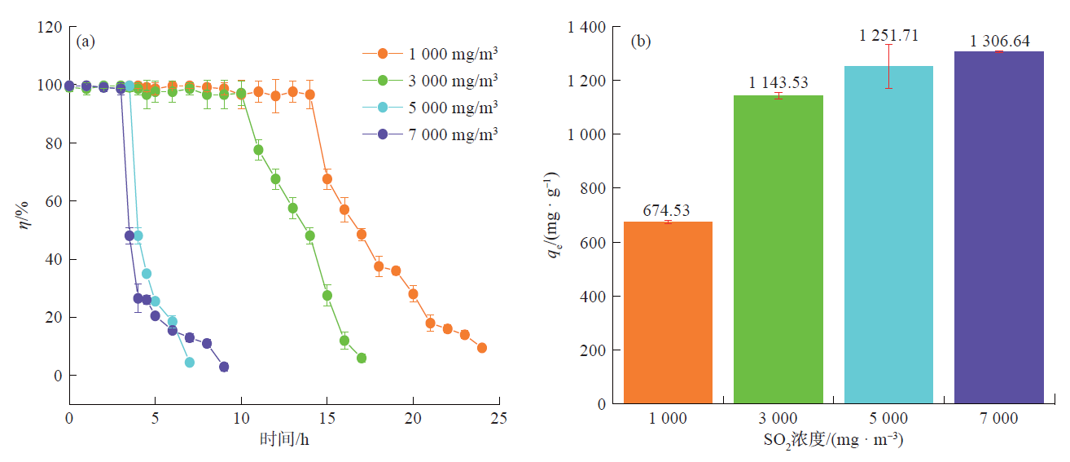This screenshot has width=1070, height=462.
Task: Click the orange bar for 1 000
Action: tap(668, 313)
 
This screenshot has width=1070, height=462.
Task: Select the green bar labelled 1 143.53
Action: tap(778, 249)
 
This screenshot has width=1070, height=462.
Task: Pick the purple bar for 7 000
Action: tap(999, 227)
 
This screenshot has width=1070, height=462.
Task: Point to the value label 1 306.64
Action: tap(999, 41)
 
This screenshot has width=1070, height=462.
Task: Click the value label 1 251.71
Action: tap(888, 36)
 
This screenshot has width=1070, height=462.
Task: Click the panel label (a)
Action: tap(86, 42)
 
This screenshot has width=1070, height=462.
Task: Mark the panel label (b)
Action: tap(641, 42)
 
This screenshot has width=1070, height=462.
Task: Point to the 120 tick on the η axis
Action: tap(51, 28)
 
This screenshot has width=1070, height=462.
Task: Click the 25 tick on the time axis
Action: tap(498, 418)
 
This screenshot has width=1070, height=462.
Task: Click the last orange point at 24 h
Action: tap(481, 348)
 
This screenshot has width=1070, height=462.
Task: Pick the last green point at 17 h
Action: tap(362, 359)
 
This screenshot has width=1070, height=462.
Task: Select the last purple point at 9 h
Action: tap(224, 367)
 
